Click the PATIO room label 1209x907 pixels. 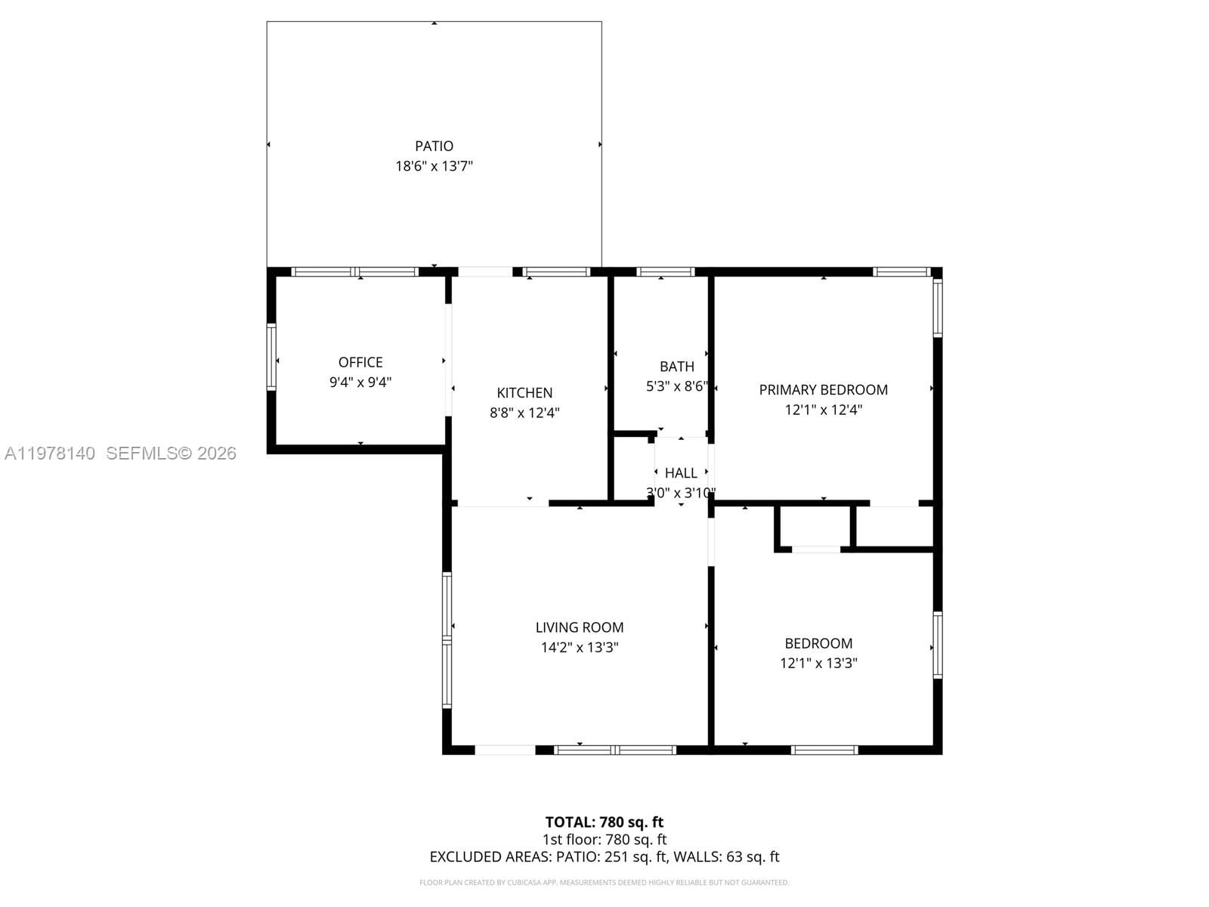coord(434,146)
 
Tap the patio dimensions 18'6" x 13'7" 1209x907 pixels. coord(434,166)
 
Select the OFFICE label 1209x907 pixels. coord(360,362)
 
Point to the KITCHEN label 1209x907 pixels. coord(524,392)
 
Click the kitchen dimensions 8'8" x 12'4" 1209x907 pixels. coord(524,413)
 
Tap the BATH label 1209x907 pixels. coord(676,367)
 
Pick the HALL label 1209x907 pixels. coord(681,473)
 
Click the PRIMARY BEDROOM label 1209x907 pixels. coord(823,389)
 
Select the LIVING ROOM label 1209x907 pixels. coord(580,627)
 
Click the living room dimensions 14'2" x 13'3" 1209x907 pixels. coord(580,648)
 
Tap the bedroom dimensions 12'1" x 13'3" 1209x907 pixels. coord(818,664)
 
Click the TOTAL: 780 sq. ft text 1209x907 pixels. coord(604,822)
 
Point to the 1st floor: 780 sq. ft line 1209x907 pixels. coord(604,840)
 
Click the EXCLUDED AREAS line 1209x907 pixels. coord(604,857)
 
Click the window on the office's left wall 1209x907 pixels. coord(271,357)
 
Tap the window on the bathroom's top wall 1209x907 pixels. coord(665,272)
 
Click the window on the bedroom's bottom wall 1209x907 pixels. coord(824,750)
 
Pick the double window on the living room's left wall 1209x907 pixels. coord(447,640)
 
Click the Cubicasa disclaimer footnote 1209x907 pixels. coord(604,883)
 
